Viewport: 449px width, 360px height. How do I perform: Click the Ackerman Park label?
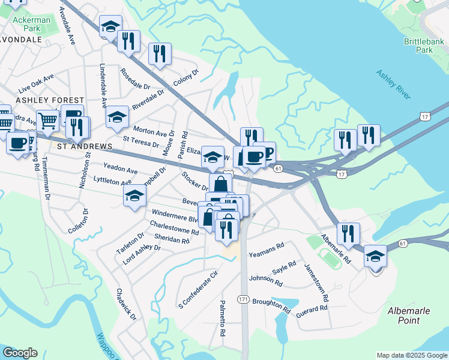coord(31,24)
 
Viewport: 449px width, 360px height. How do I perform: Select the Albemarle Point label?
coord(412,316)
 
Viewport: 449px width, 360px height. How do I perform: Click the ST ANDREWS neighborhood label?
coord(85,146)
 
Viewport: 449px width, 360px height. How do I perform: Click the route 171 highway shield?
coord(243,299)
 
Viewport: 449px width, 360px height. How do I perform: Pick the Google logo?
coord(20,353)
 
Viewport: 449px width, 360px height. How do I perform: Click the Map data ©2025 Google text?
coord(411,355)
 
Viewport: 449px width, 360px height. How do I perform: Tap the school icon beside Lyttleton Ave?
coord(135,195)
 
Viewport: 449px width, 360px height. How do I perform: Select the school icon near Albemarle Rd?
coord(375,256)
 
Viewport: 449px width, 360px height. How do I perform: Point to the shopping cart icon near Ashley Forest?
coord(47,121)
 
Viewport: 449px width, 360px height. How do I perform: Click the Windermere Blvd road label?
coord(175,215)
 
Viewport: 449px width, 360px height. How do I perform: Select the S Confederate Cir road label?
coord(197,290)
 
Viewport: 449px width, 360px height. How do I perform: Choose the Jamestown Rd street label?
coord(317,283)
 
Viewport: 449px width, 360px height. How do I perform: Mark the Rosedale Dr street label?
coord(134,77)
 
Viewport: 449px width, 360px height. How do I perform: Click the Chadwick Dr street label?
coord(127,304)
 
